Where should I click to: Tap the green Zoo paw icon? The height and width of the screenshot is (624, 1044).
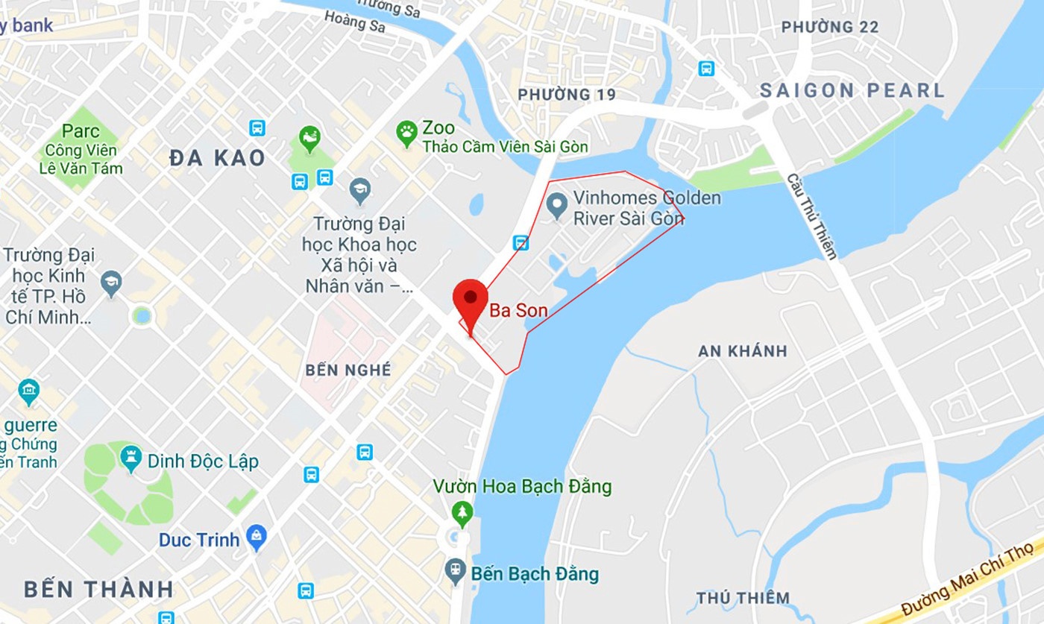pyautogui.click(x=406, y=133)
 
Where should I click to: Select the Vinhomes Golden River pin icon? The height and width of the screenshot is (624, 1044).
pyautogui.click(x=556, y=206)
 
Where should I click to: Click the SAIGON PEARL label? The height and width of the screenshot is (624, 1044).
pyautogui.click(x=852, y=91)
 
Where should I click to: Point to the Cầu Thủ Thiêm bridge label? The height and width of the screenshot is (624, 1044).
pyautogui.click(x=811, y=216)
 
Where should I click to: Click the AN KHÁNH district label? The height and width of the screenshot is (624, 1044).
pyautogui.click(x=742, y=351)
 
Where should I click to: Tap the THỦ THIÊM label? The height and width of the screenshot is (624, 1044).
pyautogui.click(x=743, y=598)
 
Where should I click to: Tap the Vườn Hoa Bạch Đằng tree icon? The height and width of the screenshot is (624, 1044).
pyautogui.click(x=462, y=512)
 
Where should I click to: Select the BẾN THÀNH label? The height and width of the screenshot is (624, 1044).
pyautogui.click(x=98, y=589)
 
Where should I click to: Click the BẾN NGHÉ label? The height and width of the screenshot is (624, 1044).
pyautogui.click(x=348, y=371)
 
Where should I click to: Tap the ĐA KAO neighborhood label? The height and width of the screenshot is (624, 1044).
pyautogui.click(x=217, y=158)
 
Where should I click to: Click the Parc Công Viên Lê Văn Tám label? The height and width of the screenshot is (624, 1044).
pyautogui.click(x=81, y=149)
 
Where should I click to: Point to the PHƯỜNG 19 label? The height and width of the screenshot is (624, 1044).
pyautogui.click(x=567, y=95)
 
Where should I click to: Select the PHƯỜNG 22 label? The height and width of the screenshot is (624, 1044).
pyautogui.click(x=829, y=28)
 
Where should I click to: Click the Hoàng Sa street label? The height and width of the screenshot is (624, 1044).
pyautogui.click(x=354, y=21)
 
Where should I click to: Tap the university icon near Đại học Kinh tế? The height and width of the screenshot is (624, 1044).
pyautogui.click(x=111, y=284)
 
